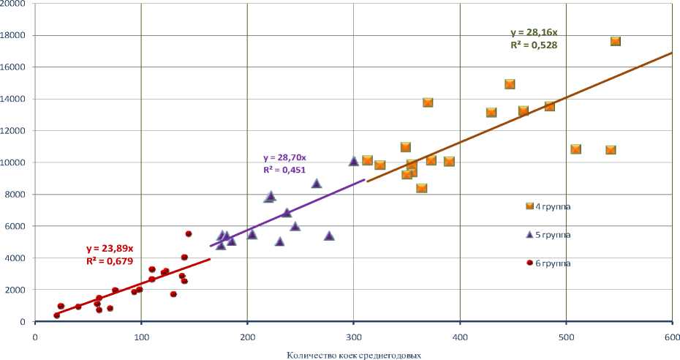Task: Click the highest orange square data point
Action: tap(616, 42)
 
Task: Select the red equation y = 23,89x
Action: tap(110, 249)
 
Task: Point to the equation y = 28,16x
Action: tap(534, 33)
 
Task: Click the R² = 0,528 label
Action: tap(533, 45)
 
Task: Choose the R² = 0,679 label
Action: tap(109, 260)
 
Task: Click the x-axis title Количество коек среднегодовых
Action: tap(354, 355)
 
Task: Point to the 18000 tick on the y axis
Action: tap(15, 35)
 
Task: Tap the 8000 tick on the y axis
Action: tap(17, 195)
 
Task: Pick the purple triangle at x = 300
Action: tap(354, 161)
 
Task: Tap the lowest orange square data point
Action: tap(422, 188)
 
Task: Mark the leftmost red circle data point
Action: tap(57, 315)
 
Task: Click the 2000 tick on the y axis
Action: tap(17, 290)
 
